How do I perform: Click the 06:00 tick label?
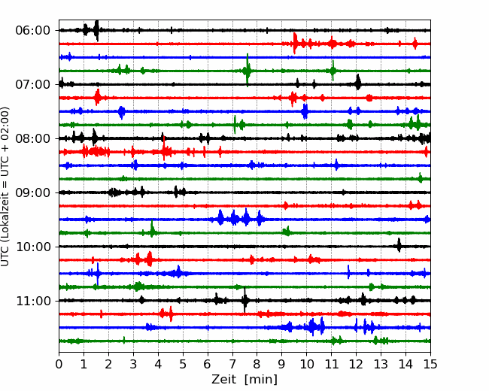[x=33, y=31]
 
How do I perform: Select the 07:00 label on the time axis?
[x=33, y=84]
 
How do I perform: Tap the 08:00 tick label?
[x=33, y=138]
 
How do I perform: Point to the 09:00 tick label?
[x=33, y=192]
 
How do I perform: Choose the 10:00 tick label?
[x=33, y=247]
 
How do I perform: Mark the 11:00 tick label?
[x=33, y=301]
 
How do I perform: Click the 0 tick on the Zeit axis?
[x=59, y=364]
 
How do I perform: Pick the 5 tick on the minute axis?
[x=183, y=364]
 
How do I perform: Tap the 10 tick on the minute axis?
[x=306, y=364]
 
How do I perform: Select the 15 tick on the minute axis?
[x=430, y=364]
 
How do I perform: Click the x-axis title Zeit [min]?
[x=244, y=380]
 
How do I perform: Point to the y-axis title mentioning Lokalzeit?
[x=5, y=186]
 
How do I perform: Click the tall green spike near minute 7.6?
[x=248, y=70]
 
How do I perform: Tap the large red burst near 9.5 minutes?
[x=295, y=44]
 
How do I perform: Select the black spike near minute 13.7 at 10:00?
[x=399, y=245]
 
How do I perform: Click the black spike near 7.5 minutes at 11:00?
[x=244, y=300]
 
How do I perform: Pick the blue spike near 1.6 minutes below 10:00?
[x=98, y=274]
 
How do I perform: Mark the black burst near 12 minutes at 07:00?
[x=358, y=82]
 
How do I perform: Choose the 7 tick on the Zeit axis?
[x=232, y=364]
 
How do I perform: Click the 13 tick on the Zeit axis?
[x=381, y=364]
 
